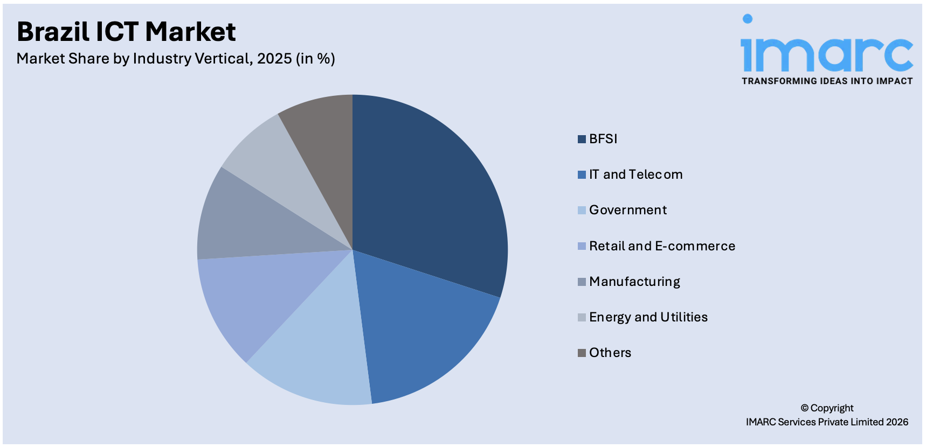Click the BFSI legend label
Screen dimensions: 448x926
coord(603,139)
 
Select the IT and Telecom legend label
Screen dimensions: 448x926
coord(635,174)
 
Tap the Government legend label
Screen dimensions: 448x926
coord(628,210)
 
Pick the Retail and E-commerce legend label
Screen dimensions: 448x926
coord(662,246)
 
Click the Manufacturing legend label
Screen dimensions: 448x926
coord(634,282)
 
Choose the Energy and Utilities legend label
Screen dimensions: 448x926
coord(648,317)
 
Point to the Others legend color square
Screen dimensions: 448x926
coord(582,353)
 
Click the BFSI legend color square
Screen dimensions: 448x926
coord(582,139)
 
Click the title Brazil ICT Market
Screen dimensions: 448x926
coord(126,32)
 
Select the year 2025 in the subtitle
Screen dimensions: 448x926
coord(274,58)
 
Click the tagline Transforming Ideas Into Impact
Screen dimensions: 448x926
coord(827,81)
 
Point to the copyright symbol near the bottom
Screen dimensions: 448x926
coord(804,408)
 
